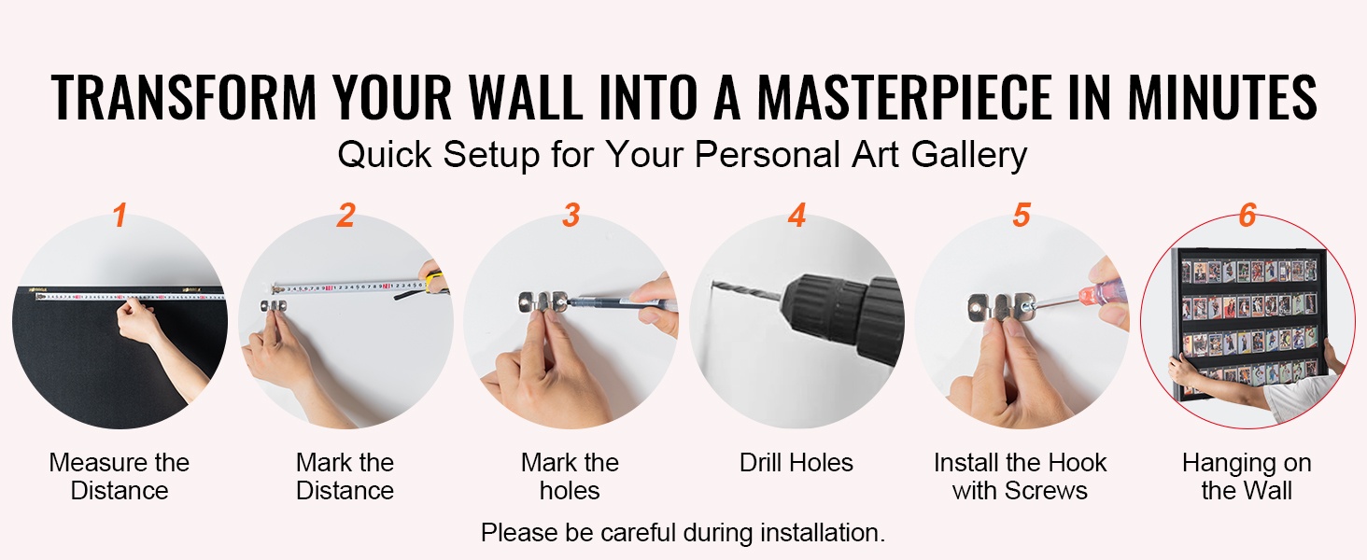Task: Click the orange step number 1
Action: [x=120, y=216]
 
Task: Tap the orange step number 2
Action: [x=345, y=216]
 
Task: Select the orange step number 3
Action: [x=571, y=216]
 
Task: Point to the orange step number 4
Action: [x=797, y=216]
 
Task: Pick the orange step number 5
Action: [x=1022, y=216]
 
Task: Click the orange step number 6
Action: [x=1247, y=216]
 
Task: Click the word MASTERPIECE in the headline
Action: [x=905, y=97]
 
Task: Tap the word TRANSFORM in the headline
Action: [x=184, y=97]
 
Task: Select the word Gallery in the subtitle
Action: [x=969, y=155]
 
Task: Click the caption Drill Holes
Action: [x=796, y=462]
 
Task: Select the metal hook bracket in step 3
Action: [x=543, y=302]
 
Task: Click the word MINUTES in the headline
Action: [x=1221, y=97]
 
